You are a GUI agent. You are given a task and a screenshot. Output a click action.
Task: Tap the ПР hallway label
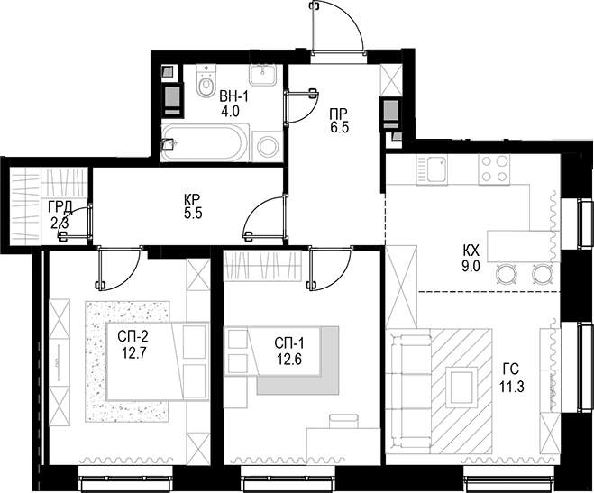(x=339, y=114)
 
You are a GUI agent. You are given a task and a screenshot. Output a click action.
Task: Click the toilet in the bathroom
(x=202, y=84)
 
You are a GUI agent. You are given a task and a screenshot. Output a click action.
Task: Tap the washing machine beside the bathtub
(x=268, y=145)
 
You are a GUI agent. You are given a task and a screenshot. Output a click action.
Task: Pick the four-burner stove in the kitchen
(x=493, y=169)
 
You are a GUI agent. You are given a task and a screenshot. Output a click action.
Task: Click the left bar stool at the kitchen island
(x=507, y=273)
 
